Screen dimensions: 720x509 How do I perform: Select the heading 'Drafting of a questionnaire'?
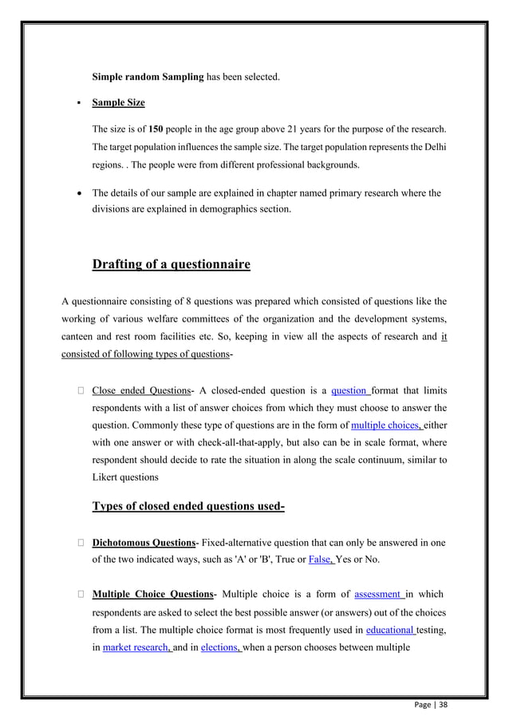pyautogui.click(x=171, y=264)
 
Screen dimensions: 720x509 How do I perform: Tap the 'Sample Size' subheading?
pyautogui.click(x=118, y=103)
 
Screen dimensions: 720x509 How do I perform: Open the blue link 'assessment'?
pyautogui.click(x=379, y=594)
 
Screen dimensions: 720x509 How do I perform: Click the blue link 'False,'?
pyautogui.click(x=322, y=559)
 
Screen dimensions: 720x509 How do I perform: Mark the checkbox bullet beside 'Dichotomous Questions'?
pyautogui.click(x=81, y=542)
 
